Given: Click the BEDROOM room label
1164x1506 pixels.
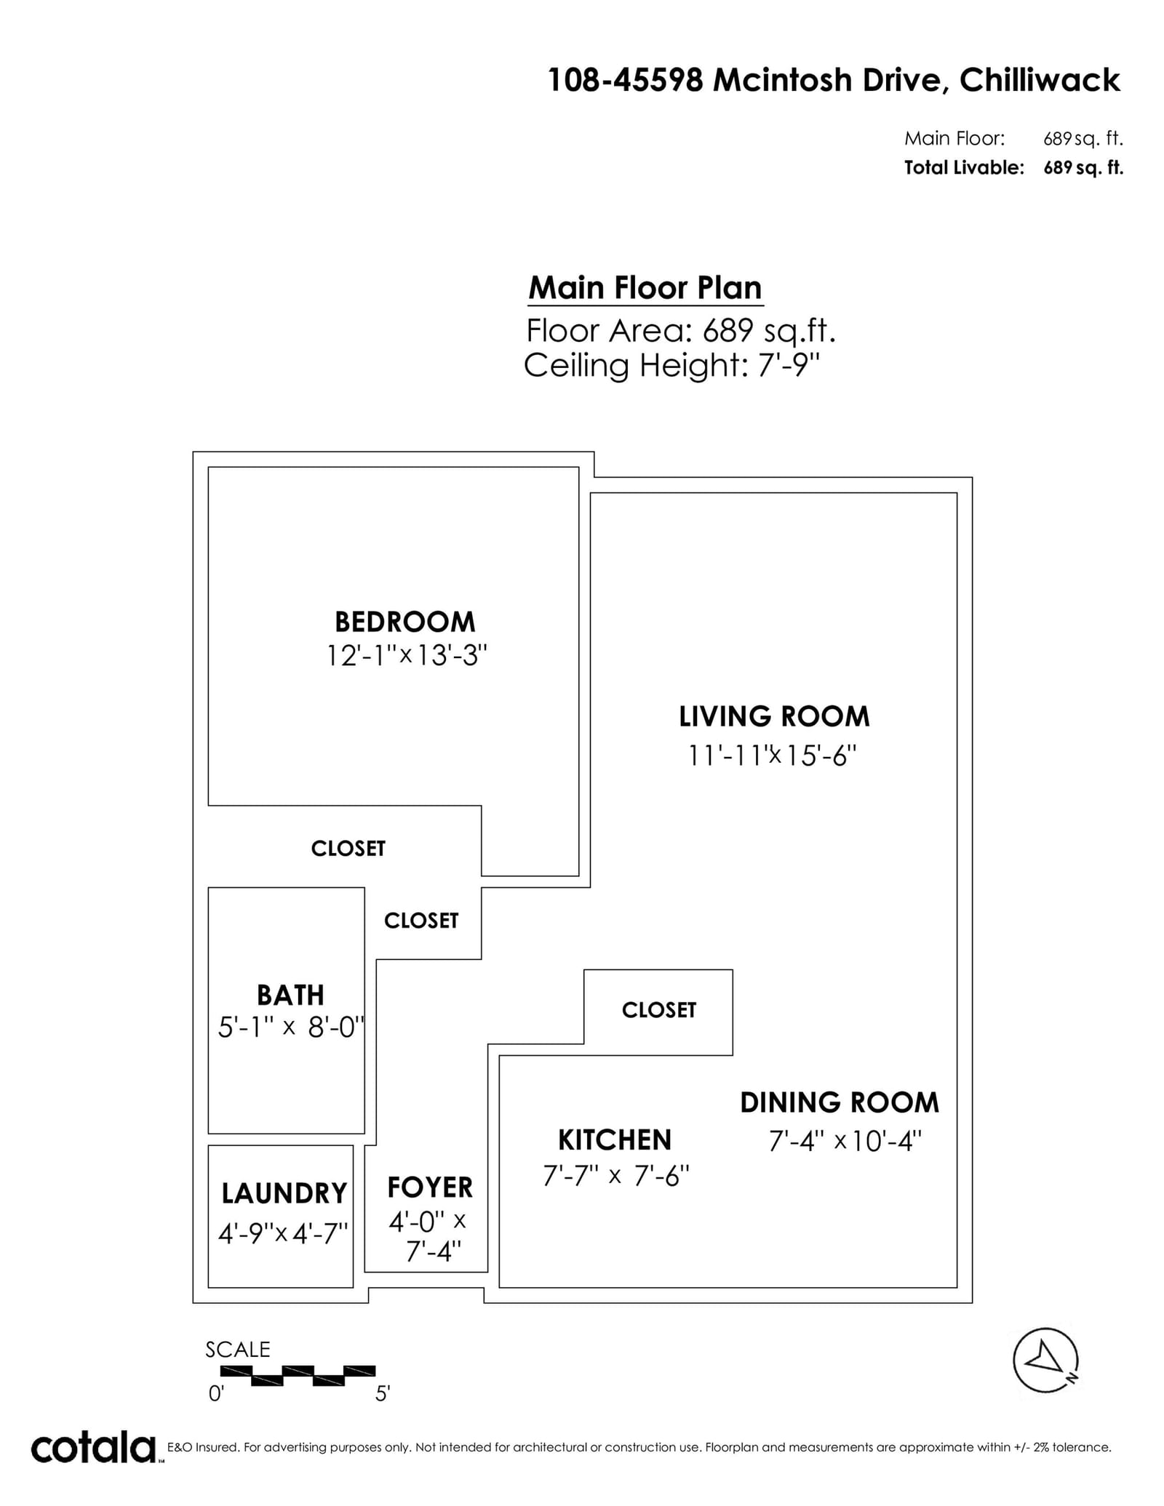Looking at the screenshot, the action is point(404,622).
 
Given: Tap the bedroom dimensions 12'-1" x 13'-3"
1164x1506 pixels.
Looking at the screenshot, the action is point(406,656).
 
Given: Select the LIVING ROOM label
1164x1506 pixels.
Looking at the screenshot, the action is point(774,717).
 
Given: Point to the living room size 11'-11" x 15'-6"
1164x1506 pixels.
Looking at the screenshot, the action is point(773,756).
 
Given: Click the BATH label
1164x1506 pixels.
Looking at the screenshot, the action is point(290,995).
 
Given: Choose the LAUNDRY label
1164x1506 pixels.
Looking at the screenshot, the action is point(284,1193).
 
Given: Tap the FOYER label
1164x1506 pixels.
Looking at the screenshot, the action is point(430,1187).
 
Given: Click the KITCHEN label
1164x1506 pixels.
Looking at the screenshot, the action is point(615,1140).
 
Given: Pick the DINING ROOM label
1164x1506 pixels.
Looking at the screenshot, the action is point(840,1102).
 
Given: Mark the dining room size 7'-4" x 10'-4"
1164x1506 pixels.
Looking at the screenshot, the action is point(845,1141).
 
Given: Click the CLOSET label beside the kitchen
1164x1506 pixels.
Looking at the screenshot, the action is point(659,1010).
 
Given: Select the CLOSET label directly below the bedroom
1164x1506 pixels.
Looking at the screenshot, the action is point(348,849).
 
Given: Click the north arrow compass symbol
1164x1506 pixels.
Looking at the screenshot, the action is point(1046,1361).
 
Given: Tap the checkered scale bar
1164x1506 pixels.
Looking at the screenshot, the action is point(298,1376).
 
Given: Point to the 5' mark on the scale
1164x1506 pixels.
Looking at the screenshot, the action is point(383,1394).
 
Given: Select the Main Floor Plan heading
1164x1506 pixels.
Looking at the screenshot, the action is point(645,288).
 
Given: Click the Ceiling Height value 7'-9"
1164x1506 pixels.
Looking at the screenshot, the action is point(789,365).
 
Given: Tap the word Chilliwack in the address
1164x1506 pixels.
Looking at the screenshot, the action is point(1040,80).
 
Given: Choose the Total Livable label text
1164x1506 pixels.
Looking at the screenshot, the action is point(964,168).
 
